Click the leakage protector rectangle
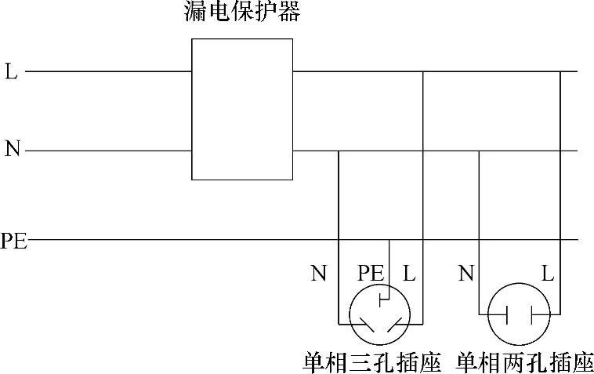(x=242, y=109)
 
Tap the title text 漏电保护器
(x=242, y=12)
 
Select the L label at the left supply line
(x=11, y=72)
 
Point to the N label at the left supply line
(x=12, y=149)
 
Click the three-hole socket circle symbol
(x=381, y=314)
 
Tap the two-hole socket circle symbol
(x=518, y=314)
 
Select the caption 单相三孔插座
(x=372, y=362)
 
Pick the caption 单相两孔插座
(x=525, y=362)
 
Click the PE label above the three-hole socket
(x=371, y=274)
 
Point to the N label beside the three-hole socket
(x=318, y=274)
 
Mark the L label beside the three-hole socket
(x=409, y=274)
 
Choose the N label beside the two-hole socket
(x=466, y=274)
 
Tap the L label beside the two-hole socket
(x=548, y=274)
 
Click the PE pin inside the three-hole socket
(x=381, y=299)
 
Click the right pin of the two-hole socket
(x=531, y=314)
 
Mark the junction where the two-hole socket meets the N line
(x=480, y=151)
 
